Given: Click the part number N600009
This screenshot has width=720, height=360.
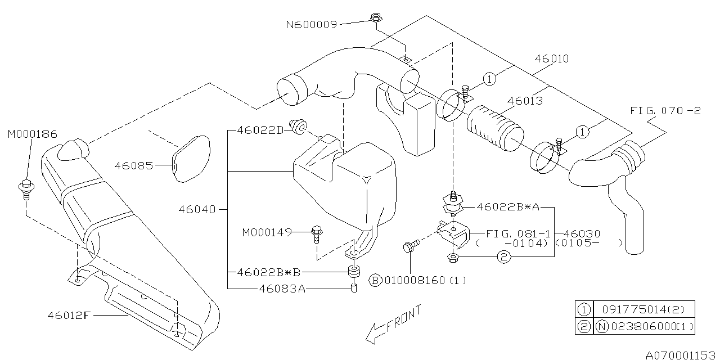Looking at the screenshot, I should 311,24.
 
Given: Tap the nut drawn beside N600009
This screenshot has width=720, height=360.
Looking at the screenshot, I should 376,17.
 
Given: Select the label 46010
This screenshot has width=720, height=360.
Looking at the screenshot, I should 551,58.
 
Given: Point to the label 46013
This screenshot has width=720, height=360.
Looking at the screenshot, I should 525,101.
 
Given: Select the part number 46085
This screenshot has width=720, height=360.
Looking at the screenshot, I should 134,165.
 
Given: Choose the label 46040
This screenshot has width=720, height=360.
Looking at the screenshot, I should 197,209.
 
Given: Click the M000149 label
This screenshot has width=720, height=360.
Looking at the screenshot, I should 267,232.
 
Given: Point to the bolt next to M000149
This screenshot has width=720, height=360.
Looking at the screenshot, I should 317,233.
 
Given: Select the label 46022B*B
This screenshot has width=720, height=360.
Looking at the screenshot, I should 269,272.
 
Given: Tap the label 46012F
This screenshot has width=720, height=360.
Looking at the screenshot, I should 69,315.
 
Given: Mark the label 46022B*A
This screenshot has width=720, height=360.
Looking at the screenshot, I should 507,206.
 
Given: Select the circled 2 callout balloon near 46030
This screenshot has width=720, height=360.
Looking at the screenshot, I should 503,257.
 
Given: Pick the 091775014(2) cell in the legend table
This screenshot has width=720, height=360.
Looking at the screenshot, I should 643,308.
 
